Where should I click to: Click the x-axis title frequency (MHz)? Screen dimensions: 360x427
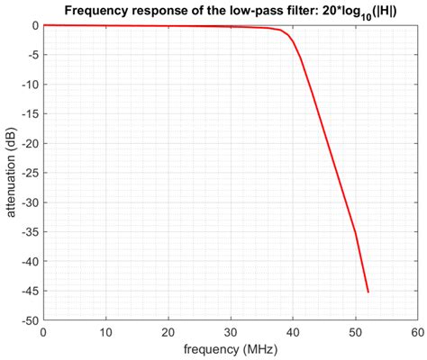[x=230, y=349]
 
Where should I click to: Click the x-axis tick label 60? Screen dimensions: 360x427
[x=417, y=331]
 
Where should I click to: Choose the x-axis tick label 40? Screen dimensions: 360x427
[x=293, y=331]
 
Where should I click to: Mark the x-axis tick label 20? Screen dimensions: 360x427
[x=168, y=331]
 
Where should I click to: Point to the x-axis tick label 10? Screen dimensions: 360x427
[x=106, y=331]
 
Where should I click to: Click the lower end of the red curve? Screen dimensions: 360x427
[x=368, y=292]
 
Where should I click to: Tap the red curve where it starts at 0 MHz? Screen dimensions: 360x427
[x=44, y=25]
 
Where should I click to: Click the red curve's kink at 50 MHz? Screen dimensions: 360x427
[x=355, y=231]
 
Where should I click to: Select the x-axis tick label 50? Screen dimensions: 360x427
[x=355, y=331]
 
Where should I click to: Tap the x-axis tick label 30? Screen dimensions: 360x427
[x=231, y=331]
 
